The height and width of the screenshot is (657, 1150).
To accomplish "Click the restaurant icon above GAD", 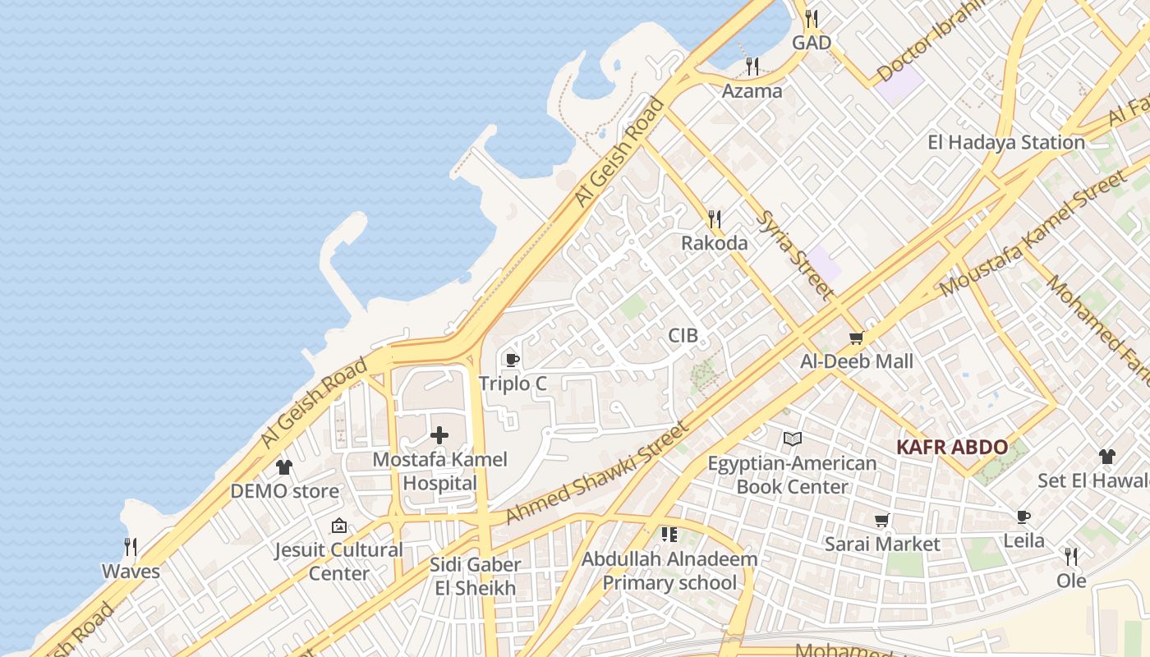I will point(812,18).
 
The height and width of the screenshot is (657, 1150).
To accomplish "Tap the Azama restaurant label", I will point(752,90).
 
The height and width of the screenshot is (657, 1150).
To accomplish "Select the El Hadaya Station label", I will point(1005,142).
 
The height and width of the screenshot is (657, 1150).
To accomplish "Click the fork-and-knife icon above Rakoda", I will point(715,218).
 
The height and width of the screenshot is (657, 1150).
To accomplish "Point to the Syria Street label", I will point(794,255).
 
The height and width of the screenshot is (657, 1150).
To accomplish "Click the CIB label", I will point(683,335).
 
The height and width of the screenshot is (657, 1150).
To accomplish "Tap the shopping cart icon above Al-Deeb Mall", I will point(857,338).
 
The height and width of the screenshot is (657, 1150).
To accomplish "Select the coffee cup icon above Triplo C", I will point(513,360).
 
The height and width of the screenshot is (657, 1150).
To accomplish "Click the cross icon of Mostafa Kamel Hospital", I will point(439,435).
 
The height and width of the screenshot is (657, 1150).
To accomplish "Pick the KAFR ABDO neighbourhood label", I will point(952,448).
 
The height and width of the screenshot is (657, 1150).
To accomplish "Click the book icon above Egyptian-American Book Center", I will point(792,439).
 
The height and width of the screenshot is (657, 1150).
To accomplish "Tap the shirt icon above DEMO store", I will point(284,467).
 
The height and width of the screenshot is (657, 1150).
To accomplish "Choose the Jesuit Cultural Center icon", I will point(338,526).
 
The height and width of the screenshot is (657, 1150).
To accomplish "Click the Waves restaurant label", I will point(131,571).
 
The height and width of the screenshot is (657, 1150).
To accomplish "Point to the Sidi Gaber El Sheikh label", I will point(476,576).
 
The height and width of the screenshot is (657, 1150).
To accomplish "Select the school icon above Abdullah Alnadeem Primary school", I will point(669,535).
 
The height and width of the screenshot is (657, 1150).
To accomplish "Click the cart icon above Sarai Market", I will point(881,520).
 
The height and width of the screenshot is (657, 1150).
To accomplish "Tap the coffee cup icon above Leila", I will point(1023,517).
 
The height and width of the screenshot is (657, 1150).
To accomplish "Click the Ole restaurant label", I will point(1071,581).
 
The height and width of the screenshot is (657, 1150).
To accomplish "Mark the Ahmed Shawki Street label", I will point(596,473).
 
